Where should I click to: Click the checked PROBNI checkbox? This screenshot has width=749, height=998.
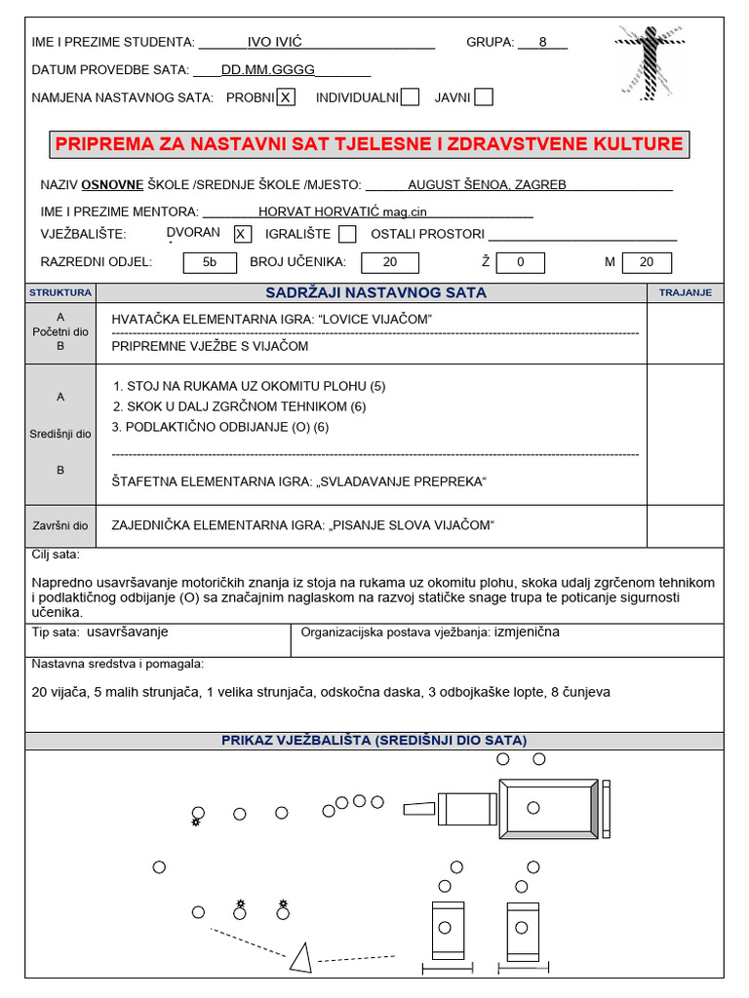[286, 96]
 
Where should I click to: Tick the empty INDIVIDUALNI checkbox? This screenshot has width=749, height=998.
[411, 96]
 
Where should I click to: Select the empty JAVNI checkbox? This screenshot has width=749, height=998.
[484, 96]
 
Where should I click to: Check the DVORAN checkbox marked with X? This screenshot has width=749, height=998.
[243, 234]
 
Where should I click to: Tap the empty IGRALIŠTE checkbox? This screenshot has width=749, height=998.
[347, 234]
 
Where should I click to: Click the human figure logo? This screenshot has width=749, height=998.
[650, 60]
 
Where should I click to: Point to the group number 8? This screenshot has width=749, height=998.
[543, 43]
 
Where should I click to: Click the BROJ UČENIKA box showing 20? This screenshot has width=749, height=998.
[390, 262]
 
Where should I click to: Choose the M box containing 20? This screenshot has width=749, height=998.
[648, 262]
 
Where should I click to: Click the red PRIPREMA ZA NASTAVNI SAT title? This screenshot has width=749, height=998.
[369, 144]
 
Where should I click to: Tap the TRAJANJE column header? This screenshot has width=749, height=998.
[685, 292]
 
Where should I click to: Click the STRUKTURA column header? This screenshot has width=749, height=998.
[60, 292]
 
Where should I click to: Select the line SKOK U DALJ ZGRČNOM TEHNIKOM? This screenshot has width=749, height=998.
[240, 406]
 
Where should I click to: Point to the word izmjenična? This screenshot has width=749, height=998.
[527, 632]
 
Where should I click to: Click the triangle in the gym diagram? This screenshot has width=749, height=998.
[301, 958]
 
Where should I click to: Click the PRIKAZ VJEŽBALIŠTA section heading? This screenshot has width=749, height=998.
[374, 741]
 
